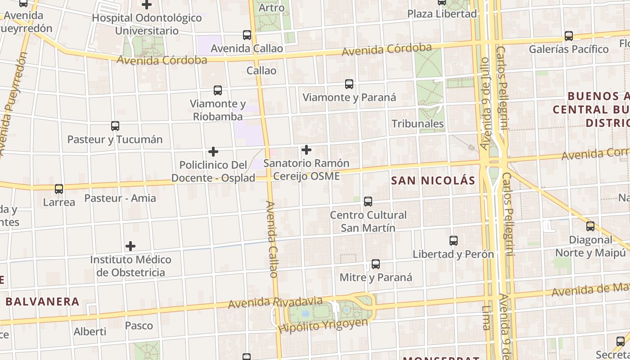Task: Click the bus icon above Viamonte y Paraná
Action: coord(349,84)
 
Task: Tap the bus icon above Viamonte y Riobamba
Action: coord(218,90)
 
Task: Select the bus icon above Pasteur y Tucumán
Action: coord(115,126)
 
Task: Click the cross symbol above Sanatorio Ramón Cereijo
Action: coord(306,149)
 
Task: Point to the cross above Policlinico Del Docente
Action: coord(213,152)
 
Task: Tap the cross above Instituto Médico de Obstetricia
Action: coord(130,246)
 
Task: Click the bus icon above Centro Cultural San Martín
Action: coord(368,202)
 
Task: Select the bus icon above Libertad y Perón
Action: coord(454,241)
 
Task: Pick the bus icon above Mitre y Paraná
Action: coord(376,264)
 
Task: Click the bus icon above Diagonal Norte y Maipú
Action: coord(590,226)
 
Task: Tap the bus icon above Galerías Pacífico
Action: coord(569,36)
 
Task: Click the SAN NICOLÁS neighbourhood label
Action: coord(433,181)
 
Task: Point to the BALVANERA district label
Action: coord(43,301)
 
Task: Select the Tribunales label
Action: coord(418,124)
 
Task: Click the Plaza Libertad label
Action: coord(442,14)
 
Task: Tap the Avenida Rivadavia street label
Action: coord(275,303)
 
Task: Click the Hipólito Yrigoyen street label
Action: coord(323,325)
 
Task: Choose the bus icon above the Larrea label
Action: coord(59,189)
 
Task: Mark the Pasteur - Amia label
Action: coord(120,198)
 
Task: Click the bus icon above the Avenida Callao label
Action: coord(247,35)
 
